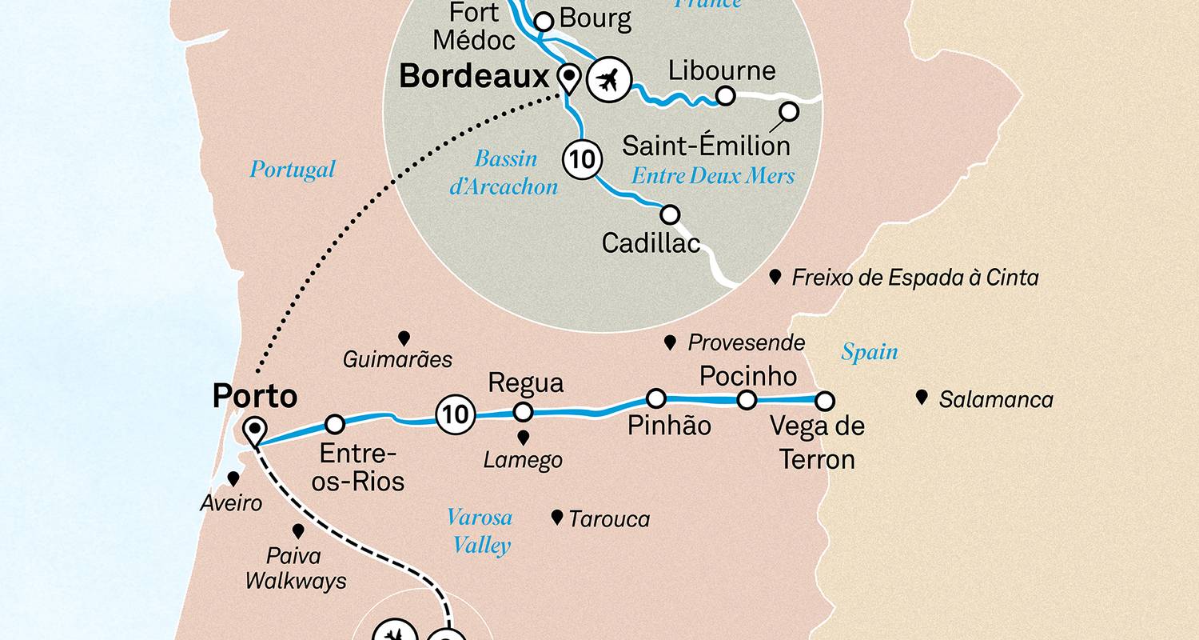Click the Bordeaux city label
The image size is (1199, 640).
[474, 78]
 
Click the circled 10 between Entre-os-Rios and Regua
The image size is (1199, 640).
[455, 414]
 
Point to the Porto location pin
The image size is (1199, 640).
[256, 430]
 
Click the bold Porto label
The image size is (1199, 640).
[254, 396]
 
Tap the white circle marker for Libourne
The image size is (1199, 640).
[724, 96]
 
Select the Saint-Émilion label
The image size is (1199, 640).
[706, 146]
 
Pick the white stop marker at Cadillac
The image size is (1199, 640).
[670, 214]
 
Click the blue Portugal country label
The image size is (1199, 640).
[293, 170]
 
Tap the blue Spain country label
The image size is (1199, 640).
[869, 352]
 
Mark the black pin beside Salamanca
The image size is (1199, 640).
[922, 396]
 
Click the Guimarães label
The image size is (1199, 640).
[397, 360]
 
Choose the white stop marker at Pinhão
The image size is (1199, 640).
[655, 398]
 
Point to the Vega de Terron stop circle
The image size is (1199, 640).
[824, 400]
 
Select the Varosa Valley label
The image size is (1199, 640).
[480, 531]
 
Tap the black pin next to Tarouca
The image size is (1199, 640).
[557, 517]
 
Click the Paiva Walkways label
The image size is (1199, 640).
[296, 568]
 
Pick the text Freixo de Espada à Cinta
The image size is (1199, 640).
[914, 278]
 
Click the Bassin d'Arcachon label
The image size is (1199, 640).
[505, 173]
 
